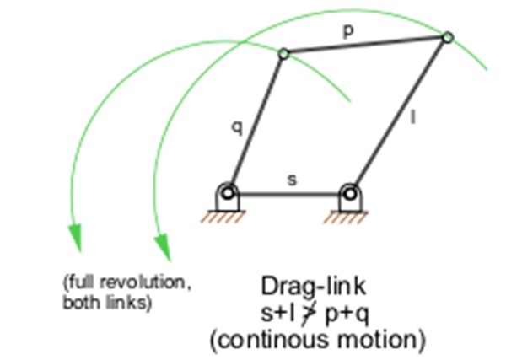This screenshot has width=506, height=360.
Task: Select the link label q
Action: pyautogui.click(x=237, y=127)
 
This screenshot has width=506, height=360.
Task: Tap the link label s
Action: pyautogui.click(x=292, y=180)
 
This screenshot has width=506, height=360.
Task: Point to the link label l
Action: pyautogui.click(x=412, y=119)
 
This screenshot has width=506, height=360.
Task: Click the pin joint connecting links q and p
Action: pyautogui.click(x=284, y=54)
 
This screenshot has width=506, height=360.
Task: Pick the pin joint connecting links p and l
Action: pyautogui.click(x=448, y=37)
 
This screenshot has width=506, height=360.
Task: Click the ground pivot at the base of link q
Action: pyautogui.click(x=227, y=194)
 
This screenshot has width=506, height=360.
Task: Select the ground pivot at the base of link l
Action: pyautogui.click(x=349, y=194)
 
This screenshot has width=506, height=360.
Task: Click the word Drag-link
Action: pyautogui.click(x=313, y=286)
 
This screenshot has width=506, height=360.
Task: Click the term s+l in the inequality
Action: pyautogui.click(x=281, y=313)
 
